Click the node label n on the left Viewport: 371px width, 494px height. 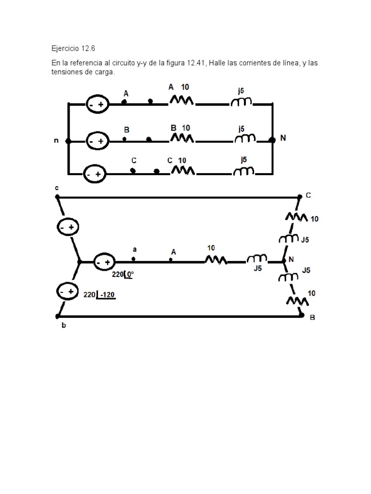coord(57,141)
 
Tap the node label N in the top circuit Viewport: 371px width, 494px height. coord(283,137)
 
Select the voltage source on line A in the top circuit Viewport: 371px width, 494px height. coord(97,104)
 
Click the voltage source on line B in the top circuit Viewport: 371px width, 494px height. coord(97,141)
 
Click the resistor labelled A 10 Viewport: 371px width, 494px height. coord(182,100)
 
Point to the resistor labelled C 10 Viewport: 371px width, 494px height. coord(182,170)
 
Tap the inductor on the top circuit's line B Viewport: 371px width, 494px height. coord(244,139)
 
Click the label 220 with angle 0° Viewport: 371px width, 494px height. coord(123,274)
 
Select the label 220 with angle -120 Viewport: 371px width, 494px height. coord(99,294)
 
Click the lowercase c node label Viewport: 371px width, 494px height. coord(57,188)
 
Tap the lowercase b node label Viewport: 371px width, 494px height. coord(64,326)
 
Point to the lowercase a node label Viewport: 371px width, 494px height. coord(135,249)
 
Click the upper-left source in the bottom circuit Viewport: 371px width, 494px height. coord(68,227)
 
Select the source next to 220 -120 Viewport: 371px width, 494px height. coord(68,291)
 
